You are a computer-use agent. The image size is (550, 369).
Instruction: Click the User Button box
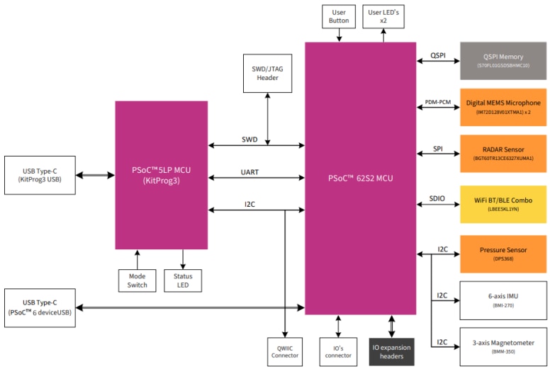click(339, 16)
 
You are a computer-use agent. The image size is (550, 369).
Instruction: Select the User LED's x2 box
click(383, 16)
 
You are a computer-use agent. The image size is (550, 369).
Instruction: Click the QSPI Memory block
click(503, 59)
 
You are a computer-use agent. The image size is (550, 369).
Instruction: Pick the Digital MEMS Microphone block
click(503, 107)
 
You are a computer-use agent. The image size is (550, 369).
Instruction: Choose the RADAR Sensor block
click(503, 153)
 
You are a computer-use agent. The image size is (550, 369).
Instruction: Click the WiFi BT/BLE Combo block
click(503, 204)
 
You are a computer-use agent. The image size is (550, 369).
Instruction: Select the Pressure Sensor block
click(503, 254)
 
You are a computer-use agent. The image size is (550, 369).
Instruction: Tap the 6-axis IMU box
click(503, 300)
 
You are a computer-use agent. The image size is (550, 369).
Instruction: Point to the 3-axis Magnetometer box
click(503, 345)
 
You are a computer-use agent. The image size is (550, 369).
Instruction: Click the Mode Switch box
click(137, 280)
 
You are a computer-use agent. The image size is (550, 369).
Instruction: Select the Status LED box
click(183, 280)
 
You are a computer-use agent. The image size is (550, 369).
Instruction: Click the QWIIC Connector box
click(284, 351)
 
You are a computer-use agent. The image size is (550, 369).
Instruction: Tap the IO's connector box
click(337, 351)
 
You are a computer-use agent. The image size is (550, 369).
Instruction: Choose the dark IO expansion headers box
click(392, 351)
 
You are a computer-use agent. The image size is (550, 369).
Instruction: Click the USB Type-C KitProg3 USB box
click(40, 175)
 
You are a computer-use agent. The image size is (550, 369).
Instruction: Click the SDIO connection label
click(437, 198)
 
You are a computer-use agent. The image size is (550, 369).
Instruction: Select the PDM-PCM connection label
click(437, 102)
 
